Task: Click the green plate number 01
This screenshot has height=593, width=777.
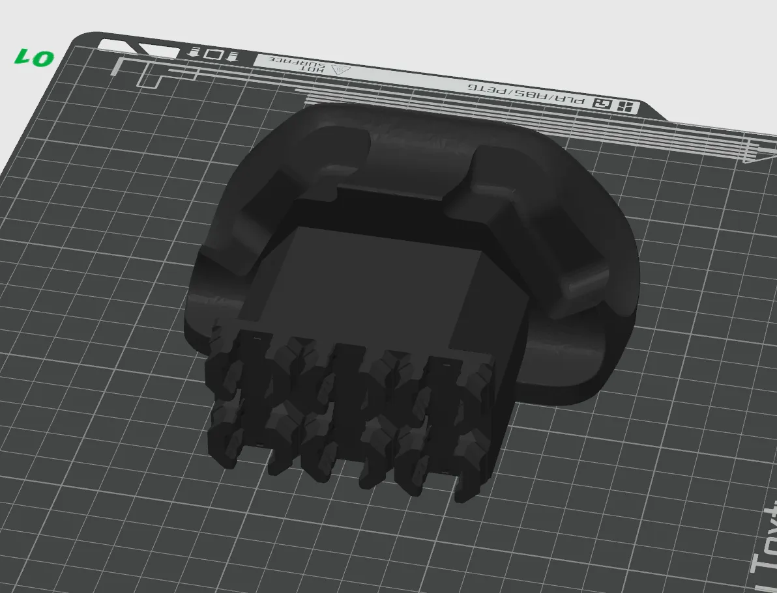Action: (33, 57)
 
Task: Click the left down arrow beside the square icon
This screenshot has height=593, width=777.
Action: (194, 51)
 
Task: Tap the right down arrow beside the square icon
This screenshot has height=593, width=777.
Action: (232, 56)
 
